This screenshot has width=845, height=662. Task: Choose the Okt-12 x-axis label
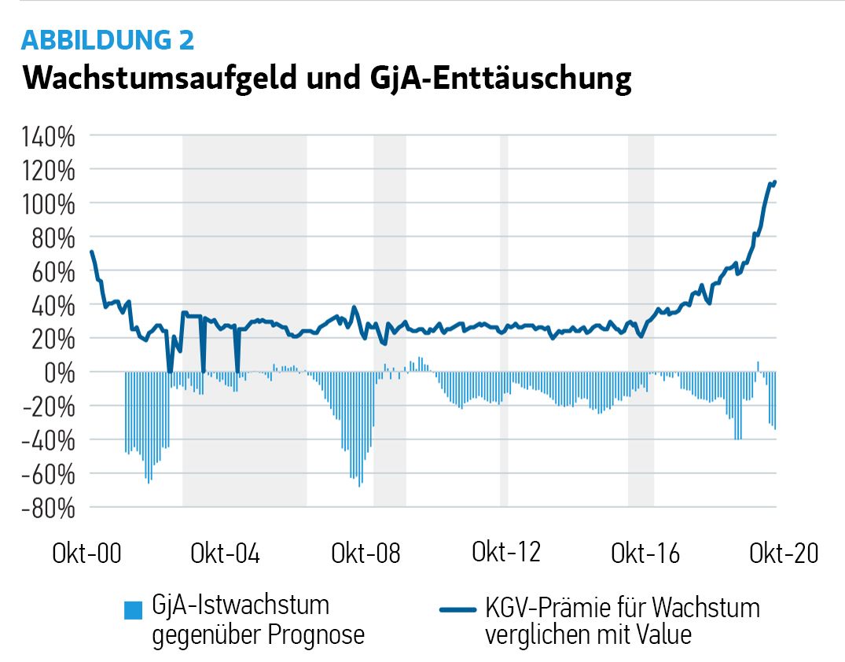(506, 553)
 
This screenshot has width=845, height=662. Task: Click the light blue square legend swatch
(134, 609)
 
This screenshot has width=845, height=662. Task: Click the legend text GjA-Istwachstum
(241, 607)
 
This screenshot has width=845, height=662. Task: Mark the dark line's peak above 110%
(774, 182)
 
